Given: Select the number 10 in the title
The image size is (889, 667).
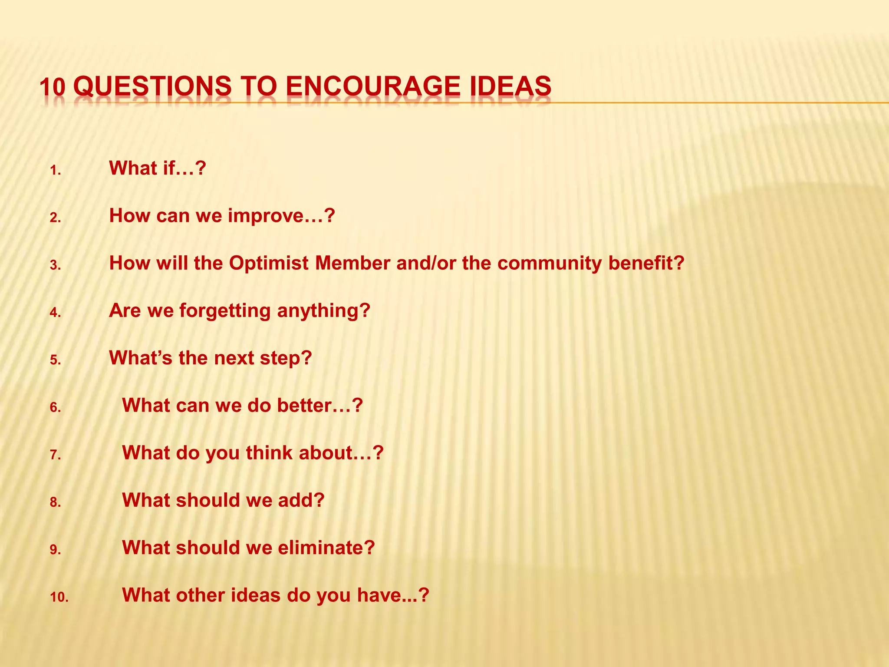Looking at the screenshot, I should (x=52, y=87).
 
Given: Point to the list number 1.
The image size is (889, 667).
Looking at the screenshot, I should (x=55, y=171).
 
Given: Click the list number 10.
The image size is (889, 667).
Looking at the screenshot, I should (x=59, y=598).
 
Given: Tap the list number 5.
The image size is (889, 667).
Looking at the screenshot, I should (x=55, y=360).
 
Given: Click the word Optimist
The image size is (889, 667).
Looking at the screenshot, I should (x=269, y=263).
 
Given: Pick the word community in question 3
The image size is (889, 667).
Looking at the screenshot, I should (x=549, y=263).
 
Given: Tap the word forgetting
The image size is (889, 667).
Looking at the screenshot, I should (x=225, y=311).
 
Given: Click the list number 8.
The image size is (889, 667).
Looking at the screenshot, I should (x=55, y=503).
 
